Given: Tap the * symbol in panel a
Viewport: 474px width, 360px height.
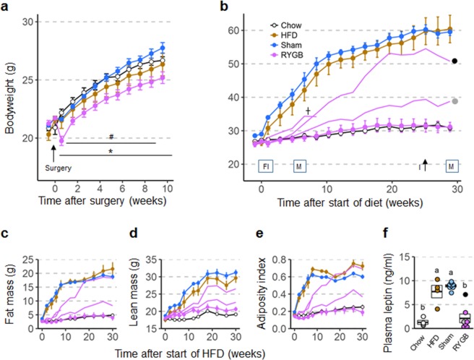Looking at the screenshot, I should [111, 151].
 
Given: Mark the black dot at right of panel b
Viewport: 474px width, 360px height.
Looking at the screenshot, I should [454, 61].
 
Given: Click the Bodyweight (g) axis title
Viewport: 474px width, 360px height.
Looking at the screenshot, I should [9, 81].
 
